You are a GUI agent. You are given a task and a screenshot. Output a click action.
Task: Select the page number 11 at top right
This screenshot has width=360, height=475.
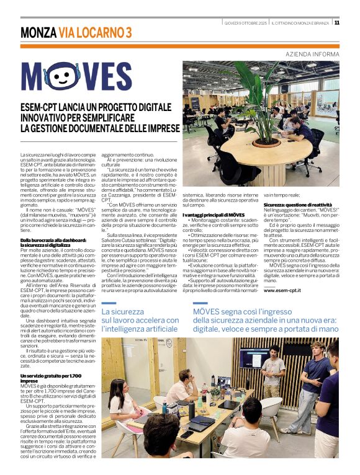pyautogui.click(x=336, y=23)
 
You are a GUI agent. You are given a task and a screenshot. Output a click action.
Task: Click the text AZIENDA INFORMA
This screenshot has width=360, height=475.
pyautogui.click(x=312, y=55)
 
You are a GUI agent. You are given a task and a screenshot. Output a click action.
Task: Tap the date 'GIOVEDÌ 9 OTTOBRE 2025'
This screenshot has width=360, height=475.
pyautogui.click(x=246, y=23)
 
